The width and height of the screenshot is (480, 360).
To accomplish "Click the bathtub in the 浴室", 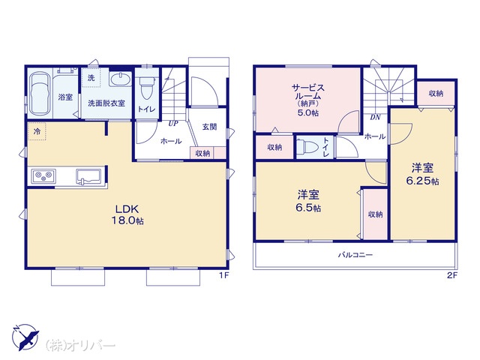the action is pyautogui.click(x=40, y=94).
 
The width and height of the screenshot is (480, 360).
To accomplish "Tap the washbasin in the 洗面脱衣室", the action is pyautogui.click(x=120, y=79).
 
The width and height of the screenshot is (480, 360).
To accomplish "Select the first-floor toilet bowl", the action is pyautogui.click(x=147, y=88).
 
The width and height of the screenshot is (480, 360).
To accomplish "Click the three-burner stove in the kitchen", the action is pyautogui.click(x=43, y=176).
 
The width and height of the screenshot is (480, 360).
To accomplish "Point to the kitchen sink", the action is pyautogui.click(x=88, y=177).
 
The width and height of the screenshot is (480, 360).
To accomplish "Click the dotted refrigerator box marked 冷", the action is pyautogui.click(x=37, y=132).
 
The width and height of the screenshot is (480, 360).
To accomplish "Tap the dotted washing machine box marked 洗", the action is pyautogui.click(x=91, y=78).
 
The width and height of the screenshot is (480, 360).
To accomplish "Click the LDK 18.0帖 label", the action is pyautogui.click(x=127, y=215).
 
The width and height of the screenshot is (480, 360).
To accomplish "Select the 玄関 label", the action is pyautogui.click(x=209, y=127).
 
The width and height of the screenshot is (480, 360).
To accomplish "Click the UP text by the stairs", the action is pyautogui.click(x=173, y=123).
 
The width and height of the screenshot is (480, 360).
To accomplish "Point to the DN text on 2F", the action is pyautogui.click(x=375, y=117).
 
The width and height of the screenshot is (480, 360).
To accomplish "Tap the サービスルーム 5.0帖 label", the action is pyautogui.click(x=308, y=100).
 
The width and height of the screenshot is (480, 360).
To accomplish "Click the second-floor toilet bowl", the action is pyautogui.click(x=307, y=147).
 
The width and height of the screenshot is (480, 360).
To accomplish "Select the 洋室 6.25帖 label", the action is pyautogui.click(x=422, y=174).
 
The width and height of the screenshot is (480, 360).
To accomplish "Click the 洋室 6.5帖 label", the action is pyautogui.click(x=308, y=201).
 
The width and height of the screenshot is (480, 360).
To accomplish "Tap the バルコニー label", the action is pyautogui.click(x=355, y=255).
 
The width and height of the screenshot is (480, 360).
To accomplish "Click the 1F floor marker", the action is pyautogui.click(x=223, y=275).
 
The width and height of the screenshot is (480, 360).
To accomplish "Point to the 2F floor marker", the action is pyautogui.click(x=451, y=275).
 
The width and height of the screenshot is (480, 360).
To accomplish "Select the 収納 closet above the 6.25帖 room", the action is pyautogui.click(x=436, y=93).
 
